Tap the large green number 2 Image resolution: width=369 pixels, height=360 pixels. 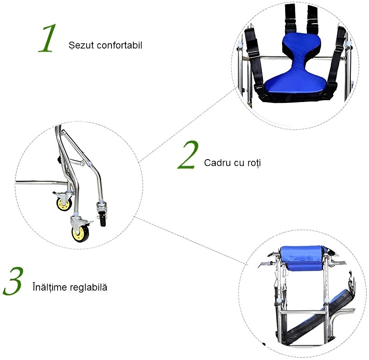(x=188, y=155)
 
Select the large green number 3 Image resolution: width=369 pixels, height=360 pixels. (x=13, y=281)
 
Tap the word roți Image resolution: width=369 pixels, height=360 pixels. (x=254, y=163)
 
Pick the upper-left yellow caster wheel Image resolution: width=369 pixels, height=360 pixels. (x=64, y=204)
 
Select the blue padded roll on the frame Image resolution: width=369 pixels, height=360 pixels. (x=302, y=258)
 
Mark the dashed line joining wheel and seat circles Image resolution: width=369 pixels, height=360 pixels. (x=188, y=125)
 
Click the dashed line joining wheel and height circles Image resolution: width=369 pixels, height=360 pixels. (x=190, y=240)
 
